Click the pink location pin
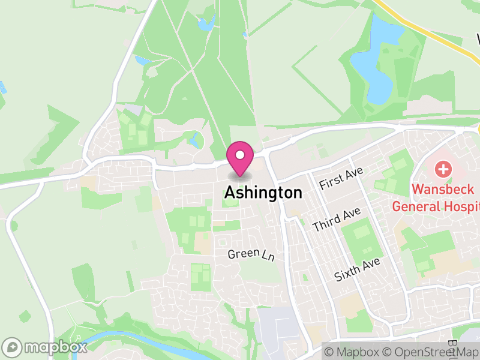pos(240,158)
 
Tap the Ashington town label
pos(263,193)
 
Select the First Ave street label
pos(341,178)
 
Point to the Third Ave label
pos(336,220)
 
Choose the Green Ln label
pos(251,254)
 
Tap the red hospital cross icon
pos(443,169)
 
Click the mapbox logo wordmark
pos(55,347)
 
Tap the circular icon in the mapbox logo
pos(13,347)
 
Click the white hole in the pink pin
pos(240,155)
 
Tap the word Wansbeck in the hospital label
pos(442,190)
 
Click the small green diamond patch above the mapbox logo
pos(25,316)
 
